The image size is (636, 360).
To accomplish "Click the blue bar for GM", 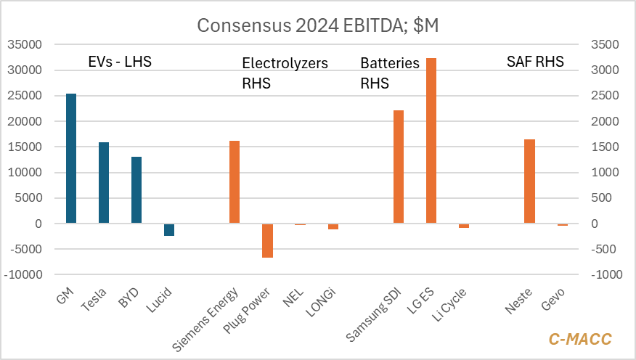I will (x=71, y=158).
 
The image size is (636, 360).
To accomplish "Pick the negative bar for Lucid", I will (x=169, y=230).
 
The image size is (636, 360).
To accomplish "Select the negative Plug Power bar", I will (x=267, y=241).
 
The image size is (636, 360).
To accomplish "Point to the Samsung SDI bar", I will (x=399, y=167).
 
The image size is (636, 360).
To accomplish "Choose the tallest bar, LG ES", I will (x=431, y=141).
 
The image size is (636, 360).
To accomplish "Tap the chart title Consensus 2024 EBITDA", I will (x=318, y=25).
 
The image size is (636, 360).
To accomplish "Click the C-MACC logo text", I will (x=579, y=339).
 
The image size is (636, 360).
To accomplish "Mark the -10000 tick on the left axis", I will (x=24, y=275).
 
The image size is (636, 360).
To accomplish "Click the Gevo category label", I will (x=553, y=300).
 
